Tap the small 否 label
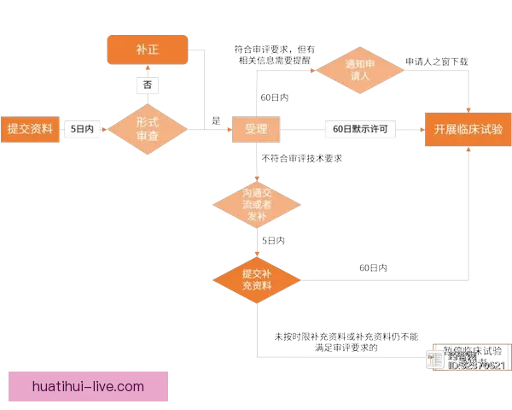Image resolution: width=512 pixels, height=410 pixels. pyautogui.click(x=148, y=85)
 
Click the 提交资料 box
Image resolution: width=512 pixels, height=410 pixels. pyautogui.click(x=30, y=130)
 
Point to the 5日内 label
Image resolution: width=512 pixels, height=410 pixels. pyautogui.click(x=83, y=130)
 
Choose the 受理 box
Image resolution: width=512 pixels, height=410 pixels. pyautogui.click(x=256, y=130)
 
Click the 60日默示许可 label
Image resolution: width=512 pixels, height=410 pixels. pyautogui.click(x=359, y=130)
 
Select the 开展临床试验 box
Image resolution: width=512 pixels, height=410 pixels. pyautogui.click(x=468, y=130)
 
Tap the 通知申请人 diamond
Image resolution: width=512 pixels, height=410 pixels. pyautogui.click(x=355, y=70)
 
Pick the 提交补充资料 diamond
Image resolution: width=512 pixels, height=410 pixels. pyautogui.click(x=256, y=279)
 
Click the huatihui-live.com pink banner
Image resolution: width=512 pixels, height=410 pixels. pyautogui.click(x=88, y=386)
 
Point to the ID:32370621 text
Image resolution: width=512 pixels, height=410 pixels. pyautogui.click(x=476, y=366)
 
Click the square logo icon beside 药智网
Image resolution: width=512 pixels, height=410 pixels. pyautogui.click(x=435, y=360)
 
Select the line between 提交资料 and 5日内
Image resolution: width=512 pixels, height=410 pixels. pyautogui.click(x=62, y=130)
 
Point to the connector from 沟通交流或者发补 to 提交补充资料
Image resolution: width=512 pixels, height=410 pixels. pyautogui.click(x=256, y=243)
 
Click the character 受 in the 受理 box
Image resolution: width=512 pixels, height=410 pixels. pyautogui.click(x=250, y=130)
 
